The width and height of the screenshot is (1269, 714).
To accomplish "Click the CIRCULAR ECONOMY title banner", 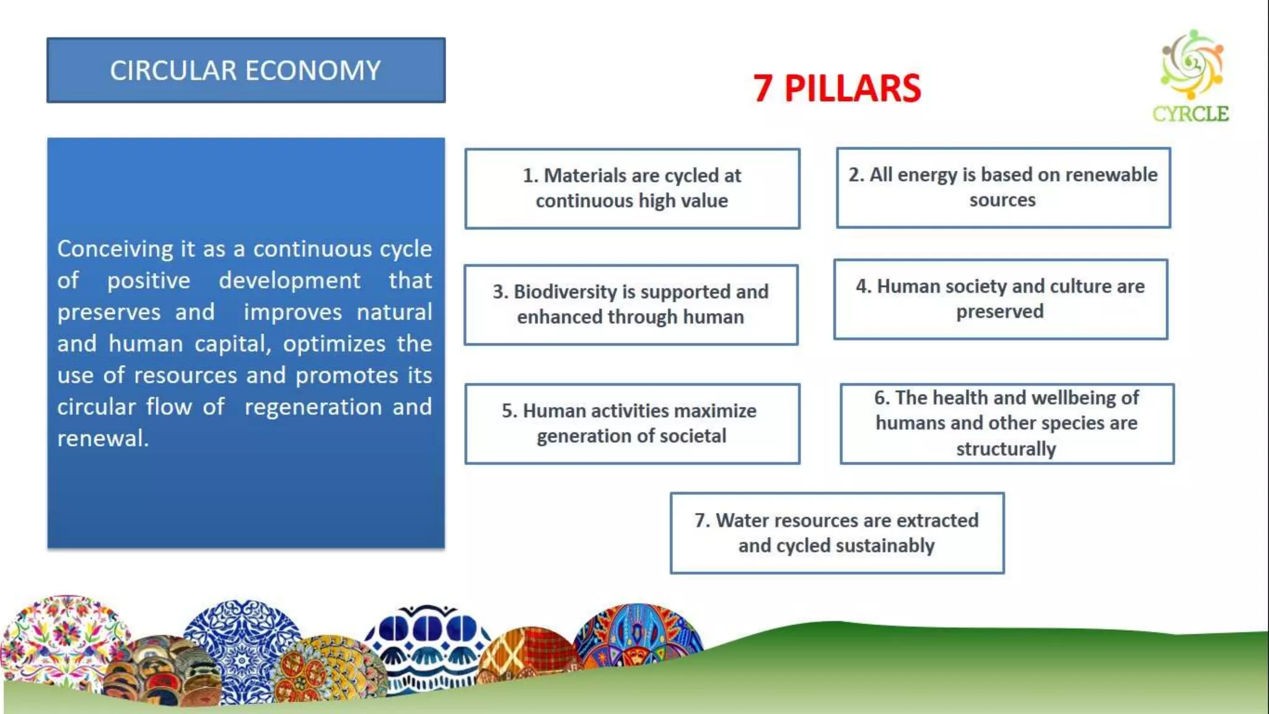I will [246, 70].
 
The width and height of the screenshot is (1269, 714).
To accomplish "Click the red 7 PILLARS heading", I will [837, 88].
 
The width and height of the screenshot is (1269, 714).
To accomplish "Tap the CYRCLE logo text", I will [1190, 114].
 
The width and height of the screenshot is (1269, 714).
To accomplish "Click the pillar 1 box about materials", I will [632, 188].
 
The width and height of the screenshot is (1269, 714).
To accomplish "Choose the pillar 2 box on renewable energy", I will [1003, 188].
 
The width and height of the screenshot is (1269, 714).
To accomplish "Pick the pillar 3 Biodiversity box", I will [631, 304].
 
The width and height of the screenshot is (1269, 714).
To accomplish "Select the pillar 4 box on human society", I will [1000, 299].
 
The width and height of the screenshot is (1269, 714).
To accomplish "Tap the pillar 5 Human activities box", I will [632, 423].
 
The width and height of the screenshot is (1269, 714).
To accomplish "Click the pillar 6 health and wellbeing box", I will [1006, 423].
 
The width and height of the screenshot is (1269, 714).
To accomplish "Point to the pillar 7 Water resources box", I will [836, 533].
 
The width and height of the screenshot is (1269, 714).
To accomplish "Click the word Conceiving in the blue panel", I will [115, 249].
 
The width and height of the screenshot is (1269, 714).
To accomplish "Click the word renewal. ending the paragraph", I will [103, 439].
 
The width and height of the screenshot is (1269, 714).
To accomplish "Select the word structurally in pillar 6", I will [1006, 449].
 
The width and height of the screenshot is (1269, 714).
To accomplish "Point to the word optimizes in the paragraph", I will [334, 344].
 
